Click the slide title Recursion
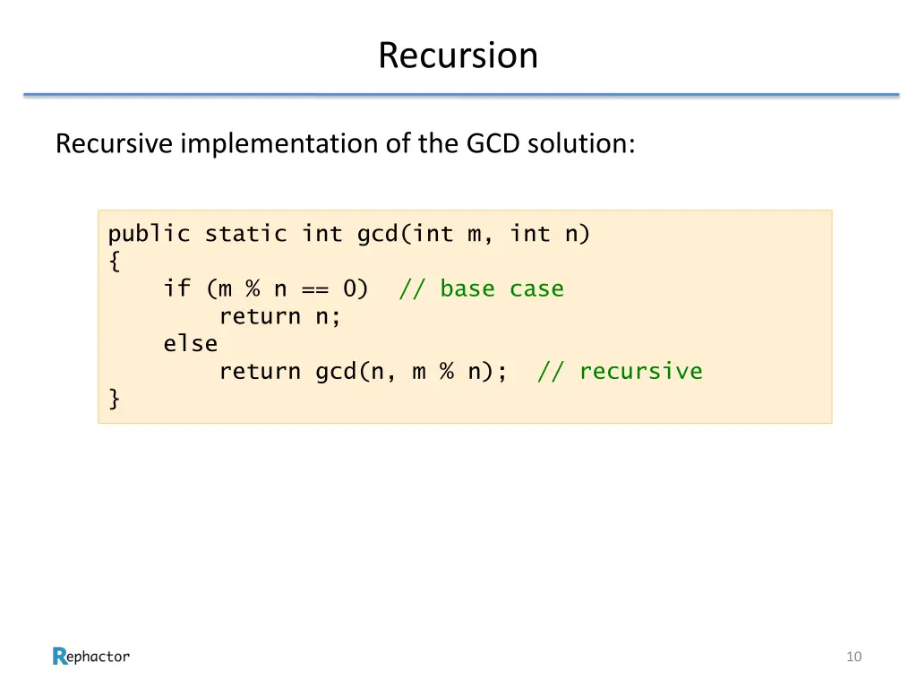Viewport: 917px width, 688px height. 458,56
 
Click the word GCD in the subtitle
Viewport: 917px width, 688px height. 493,143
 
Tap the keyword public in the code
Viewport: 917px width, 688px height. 149,235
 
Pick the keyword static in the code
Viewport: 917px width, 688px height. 245,235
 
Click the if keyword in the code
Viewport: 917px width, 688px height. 176,289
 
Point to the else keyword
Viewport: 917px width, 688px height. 190,344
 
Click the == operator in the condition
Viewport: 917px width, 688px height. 314,289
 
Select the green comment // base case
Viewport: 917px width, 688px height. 481,289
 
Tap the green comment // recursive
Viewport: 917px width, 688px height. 620,371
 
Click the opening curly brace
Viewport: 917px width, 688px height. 114,262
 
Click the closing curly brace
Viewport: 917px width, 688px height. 114,399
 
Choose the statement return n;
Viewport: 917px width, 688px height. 280,316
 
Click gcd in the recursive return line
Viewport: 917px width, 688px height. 336,371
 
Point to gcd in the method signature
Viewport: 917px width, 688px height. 377,235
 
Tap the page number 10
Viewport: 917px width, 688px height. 853,657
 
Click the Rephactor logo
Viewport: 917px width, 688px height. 91,657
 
